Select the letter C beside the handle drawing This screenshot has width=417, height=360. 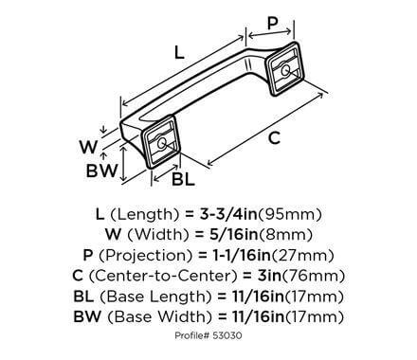click(274, 139)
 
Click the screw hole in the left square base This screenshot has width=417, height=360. click(161, 143)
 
